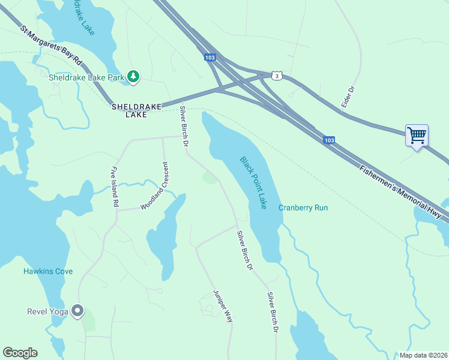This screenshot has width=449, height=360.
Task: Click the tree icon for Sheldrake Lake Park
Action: (133, 76)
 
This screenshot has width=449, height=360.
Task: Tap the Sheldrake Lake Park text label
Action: (86, 77)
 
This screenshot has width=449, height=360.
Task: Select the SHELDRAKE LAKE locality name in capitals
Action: (136, 110)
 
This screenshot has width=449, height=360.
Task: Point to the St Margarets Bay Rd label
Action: (51, 46)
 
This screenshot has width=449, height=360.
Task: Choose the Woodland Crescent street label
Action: (154, 186)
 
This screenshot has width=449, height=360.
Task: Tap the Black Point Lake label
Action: (253, 183)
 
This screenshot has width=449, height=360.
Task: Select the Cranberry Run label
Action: (303, 208)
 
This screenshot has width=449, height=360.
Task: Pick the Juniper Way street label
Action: (223, 307)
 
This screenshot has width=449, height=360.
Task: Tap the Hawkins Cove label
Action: (48, 271)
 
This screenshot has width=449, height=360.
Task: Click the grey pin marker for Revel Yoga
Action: (77, 311)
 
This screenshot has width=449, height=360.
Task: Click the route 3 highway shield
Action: (276, 75)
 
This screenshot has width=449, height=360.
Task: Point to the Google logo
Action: (20, 353)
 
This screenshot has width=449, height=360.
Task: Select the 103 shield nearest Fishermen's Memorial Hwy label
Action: (328, 140)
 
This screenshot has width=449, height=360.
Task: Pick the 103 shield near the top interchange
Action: (209, 58)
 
